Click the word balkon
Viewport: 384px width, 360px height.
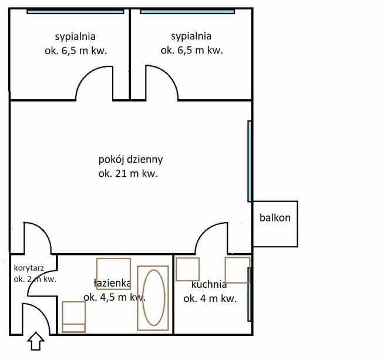(275, 218)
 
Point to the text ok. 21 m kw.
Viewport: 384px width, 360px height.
(129, 174)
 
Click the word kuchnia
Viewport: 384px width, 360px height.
(209, 285)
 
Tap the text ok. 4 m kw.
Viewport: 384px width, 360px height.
(210, 299)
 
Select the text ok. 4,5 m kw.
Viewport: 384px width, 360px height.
(114, 298)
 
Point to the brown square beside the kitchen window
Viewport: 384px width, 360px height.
(238, 270)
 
